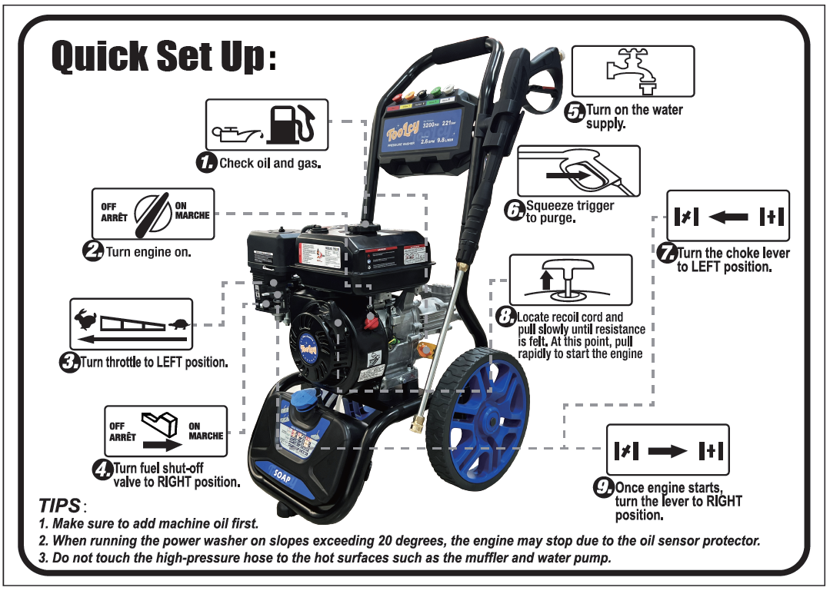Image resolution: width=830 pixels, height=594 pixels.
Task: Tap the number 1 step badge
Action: (x=206, y=162)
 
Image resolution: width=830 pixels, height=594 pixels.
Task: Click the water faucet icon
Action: (x=632, y=70)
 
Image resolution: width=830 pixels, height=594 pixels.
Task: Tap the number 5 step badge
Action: (x=575, y=112)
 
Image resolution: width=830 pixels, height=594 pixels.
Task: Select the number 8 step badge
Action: (x=505, y=317)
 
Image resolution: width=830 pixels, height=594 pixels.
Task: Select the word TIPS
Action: (x=59, y=506)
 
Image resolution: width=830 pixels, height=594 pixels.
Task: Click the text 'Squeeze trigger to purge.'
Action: (x=569, y=212)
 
